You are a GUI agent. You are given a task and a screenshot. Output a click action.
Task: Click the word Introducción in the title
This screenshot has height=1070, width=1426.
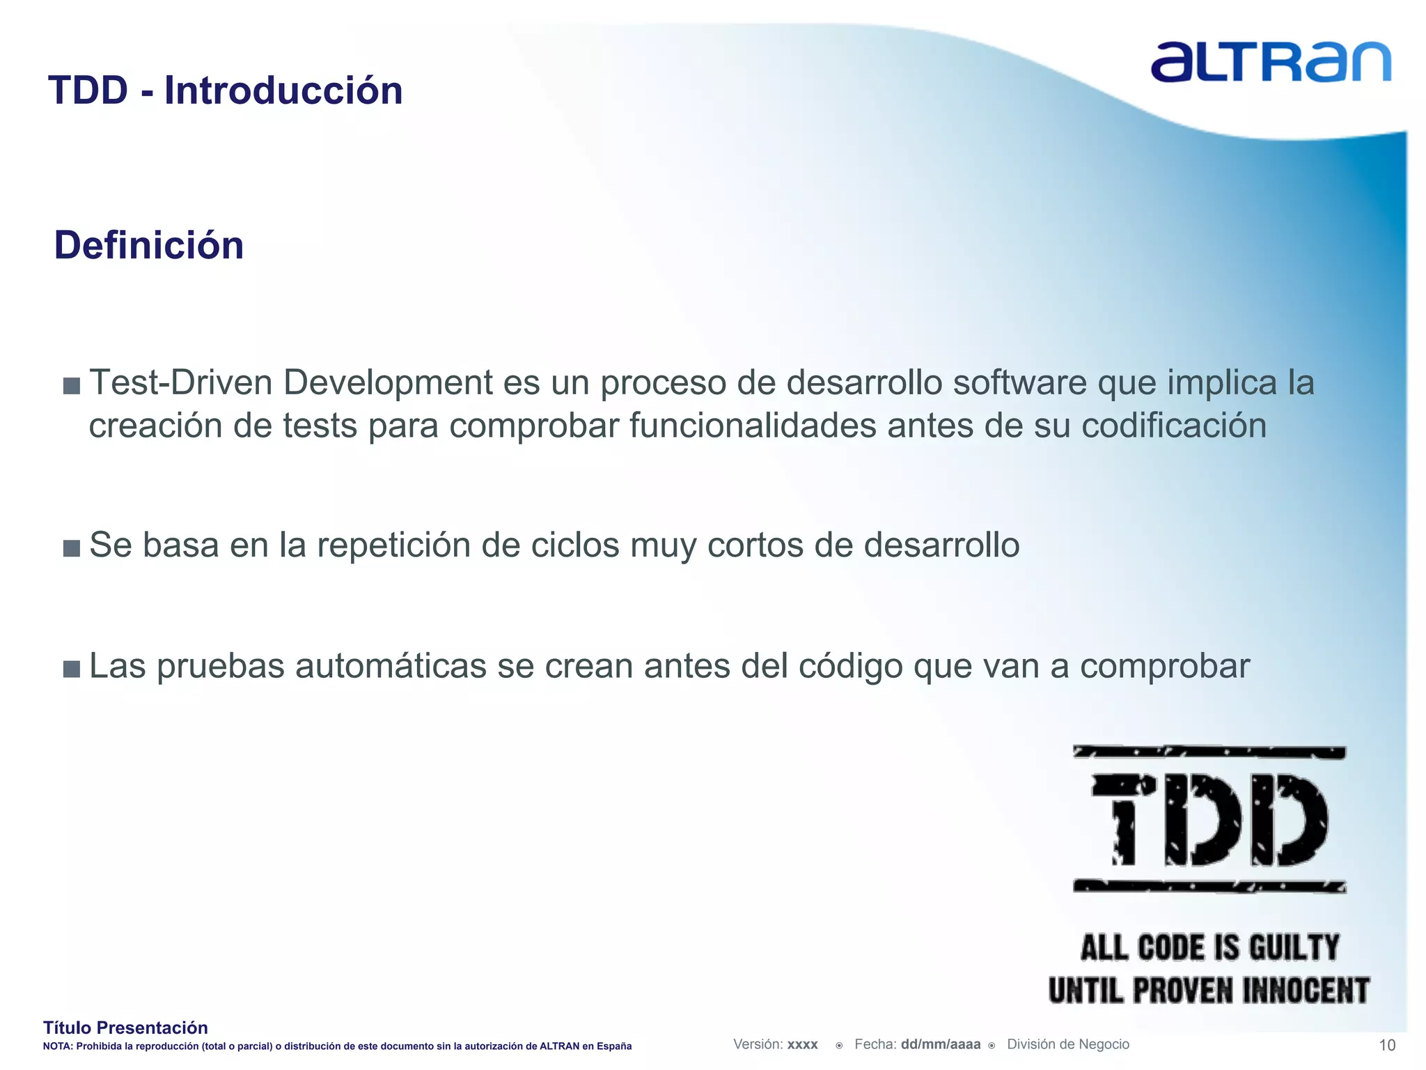click(283, 91)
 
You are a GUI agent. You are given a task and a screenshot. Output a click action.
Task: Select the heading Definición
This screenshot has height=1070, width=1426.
click(149, 245)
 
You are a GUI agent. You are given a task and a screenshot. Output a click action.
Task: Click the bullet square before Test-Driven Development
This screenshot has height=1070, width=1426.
click(71, 385)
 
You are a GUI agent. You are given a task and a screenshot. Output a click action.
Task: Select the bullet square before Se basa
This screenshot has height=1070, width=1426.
click(71, 548)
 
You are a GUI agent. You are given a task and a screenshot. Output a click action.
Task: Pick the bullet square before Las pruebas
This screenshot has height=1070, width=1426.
click(71, 669)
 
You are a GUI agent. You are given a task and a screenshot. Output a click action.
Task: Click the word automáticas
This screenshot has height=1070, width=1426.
click(391, 666)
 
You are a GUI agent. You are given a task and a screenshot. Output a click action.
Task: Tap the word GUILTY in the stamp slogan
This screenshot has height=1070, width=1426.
click(1294, 947)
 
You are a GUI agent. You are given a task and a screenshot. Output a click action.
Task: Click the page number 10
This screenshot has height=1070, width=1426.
click(1387, 1045)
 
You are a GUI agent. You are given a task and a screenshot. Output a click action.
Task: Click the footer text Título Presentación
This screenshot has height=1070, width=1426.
click(125, 1028)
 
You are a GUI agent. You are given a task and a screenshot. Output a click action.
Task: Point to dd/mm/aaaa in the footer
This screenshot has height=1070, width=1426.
click(940, 1044)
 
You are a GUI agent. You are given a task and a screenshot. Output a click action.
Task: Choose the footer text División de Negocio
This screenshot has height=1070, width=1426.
click(1068, 1044)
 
